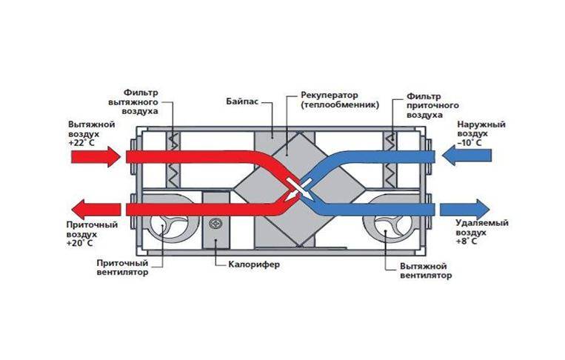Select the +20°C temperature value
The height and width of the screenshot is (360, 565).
[x=79, y=242]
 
